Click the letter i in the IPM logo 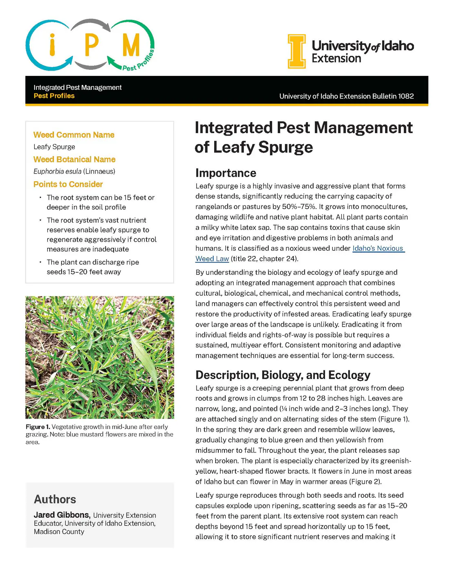52,45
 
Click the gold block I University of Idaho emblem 297,51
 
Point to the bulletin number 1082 406,96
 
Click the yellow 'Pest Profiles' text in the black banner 54,96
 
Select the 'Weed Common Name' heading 74,135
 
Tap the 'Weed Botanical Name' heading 74,159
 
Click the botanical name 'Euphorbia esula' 58,171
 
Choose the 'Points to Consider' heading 68,184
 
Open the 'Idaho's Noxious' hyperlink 378,248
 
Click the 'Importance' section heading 226,173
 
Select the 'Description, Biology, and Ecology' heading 283,375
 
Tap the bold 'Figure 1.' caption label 38,427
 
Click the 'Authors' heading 55,499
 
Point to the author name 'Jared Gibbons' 61,515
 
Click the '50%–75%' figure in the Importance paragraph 300,207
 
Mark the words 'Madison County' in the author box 59,532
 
